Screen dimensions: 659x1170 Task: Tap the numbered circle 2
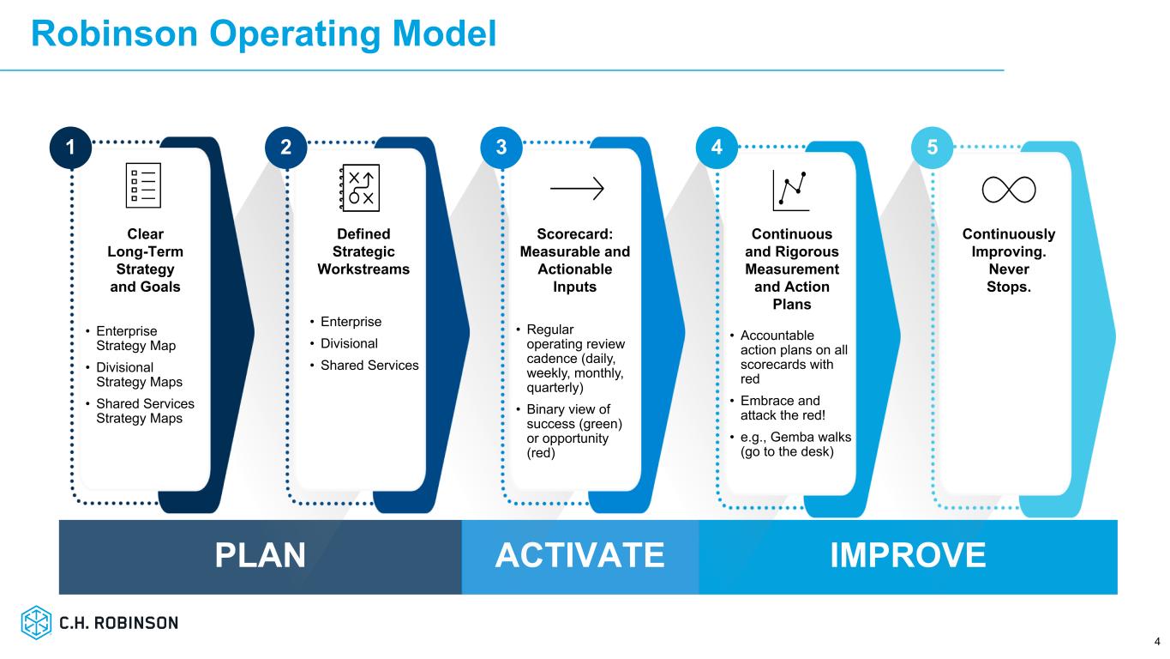pyautogui.click(x=286, y=148)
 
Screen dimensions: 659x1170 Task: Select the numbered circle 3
pyautogui.click(x=501, y=148)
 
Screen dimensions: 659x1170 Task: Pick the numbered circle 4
pyautogui.click(x=717, y=148)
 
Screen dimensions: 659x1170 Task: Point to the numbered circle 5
pyautogui.click(x=933, y=148)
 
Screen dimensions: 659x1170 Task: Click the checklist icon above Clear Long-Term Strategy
pyautogui.click(x=144, y=185)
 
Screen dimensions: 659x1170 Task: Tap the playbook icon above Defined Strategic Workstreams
pyautogui.click(x=359, y=187)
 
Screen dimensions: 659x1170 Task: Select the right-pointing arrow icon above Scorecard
pyautogui.click(x=577, y=189)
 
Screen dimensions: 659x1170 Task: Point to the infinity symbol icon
pyautogui.click(x=1009, y=189)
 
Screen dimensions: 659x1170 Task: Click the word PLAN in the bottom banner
pyautogui.click(x=260, y=556)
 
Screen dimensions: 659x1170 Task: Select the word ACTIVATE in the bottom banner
pyautogui.click(x=580, y=556)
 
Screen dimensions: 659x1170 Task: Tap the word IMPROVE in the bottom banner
pyautogui.click(x=908, y=556)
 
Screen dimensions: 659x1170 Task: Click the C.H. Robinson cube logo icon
pyautogui.click(x=37, y=623)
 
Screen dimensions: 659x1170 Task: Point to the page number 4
pyautogui.click(x=1156, y=641)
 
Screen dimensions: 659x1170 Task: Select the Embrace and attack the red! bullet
pyautogui.click(x=779, y=408)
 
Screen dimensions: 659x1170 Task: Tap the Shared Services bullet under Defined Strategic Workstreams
pyautogui.click(x=369, y=366)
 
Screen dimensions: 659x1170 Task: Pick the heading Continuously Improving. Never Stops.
pyautogui.click(x=1008, y=260)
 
